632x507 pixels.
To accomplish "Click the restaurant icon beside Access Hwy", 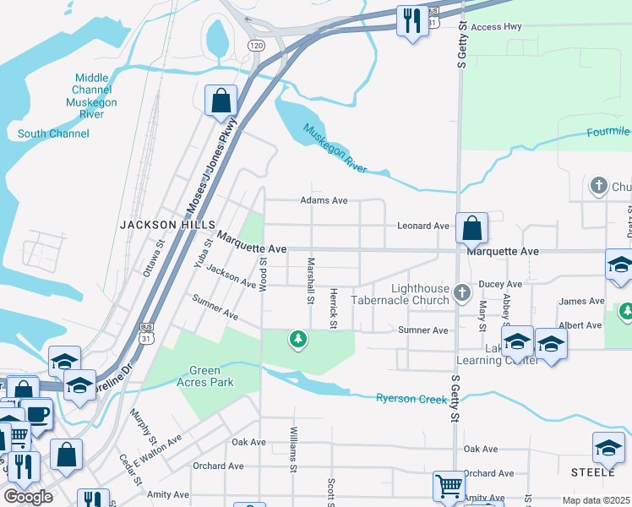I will (411, 21).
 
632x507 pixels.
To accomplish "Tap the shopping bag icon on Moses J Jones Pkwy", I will (221, 101).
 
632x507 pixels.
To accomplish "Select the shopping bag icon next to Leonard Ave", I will (471, 227).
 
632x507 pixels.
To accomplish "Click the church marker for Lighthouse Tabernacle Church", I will (461, 293).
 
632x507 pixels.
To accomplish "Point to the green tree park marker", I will (297, 340).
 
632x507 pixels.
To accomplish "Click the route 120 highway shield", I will (256, 44).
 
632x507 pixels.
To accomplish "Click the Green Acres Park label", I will (211, 376).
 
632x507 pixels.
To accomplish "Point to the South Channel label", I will (53, 134).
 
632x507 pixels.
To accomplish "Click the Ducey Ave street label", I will (501, 285).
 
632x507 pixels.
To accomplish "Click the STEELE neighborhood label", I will (592, 472).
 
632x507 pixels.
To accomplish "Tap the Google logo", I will (28, 497).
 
